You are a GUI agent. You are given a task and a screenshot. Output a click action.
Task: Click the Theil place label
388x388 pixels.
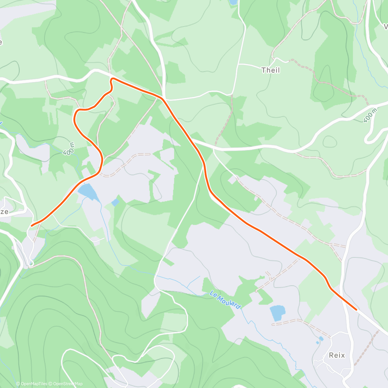tap(270, 70)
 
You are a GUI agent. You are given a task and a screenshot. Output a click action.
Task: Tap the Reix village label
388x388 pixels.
tap(337, 355)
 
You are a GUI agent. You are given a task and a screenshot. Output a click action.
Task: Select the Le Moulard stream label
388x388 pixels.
tap(225, 300)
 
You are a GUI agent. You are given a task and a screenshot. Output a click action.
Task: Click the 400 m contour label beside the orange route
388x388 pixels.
tap(69, 148)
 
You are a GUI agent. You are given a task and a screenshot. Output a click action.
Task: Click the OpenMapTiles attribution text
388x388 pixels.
tap(34, 384)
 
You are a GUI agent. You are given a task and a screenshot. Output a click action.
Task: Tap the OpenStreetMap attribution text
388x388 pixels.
tap(68, 384)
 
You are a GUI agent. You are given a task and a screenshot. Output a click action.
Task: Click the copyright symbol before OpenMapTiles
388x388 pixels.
tap(18, 384)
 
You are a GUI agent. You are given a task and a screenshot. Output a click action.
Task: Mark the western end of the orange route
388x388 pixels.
tap(32, 225)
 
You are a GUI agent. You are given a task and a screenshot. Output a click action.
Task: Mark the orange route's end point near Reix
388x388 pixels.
tap(356, 309)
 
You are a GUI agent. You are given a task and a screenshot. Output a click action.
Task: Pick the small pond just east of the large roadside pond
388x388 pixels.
tap(115, 203)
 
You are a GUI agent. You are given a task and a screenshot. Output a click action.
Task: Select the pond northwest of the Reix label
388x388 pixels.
tap(277, 313)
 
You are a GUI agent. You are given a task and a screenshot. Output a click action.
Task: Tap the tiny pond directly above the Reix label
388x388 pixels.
tap(321, 339)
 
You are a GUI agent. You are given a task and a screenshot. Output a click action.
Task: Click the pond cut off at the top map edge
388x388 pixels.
tap(233, 2)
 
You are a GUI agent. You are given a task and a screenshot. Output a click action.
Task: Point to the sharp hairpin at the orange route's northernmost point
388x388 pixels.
tap(112, 79)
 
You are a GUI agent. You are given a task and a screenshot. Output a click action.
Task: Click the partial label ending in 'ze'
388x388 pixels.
tap(4, 212)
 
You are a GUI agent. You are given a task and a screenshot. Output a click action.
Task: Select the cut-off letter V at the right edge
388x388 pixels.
tap(385, 26)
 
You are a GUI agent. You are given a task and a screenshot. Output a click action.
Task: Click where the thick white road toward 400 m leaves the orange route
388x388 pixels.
tap(191, 140)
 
